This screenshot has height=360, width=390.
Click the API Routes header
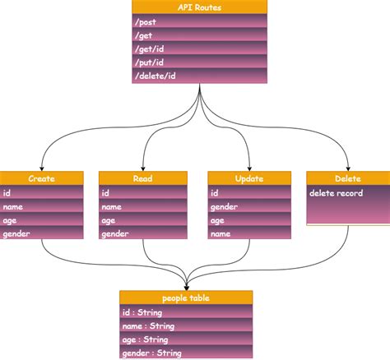point(200,7)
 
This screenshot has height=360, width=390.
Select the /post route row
point(200,22)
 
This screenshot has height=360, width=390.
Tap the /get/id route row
point(200,49)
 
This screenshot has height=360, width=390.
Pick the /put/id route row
point(200,62)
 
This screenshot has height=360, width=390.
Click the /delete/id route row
point(200,76)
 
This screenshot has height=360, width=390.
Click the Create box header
point(42,178)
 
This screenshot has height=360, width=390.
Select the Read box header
point(141,178)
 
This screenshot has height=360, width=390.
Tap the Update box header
point(248,178)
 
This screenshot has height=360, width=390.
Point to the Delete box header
point(347,178)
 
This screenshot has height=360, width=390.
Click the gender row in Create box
point(42,234)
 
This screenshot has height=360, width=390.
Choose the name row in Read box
point(141,207)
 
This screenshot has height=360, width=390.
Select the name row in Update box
point(248,234)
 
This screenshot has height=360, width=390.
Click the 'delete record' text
point(338,193)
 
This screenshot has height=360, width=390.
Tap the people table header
point(186,297)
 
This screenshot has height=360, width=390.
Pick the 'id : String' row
point(186,312)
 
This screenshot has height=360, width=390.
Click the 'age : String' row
point(186,339)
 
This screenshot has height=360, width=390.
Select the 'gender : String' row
point(186,353)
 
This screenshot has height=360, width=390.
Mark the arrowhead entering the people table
point(187,286)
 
